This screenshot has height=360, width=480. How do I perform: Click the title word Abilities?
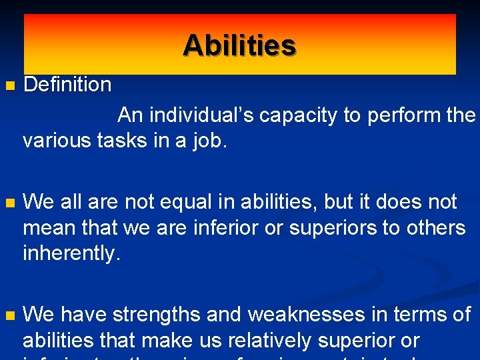(239, 45)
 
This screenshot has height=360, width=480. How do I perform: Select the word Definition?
(67, 85)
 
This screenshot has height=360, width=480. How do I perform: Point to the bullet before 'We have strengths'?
(8, 315)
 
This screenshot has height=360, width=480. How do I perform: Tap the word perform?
(397, 116)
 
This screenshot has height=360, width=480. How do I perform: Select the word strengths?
(157, 315)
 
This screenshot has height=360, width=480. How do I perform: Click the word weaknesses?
(315, 315)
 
